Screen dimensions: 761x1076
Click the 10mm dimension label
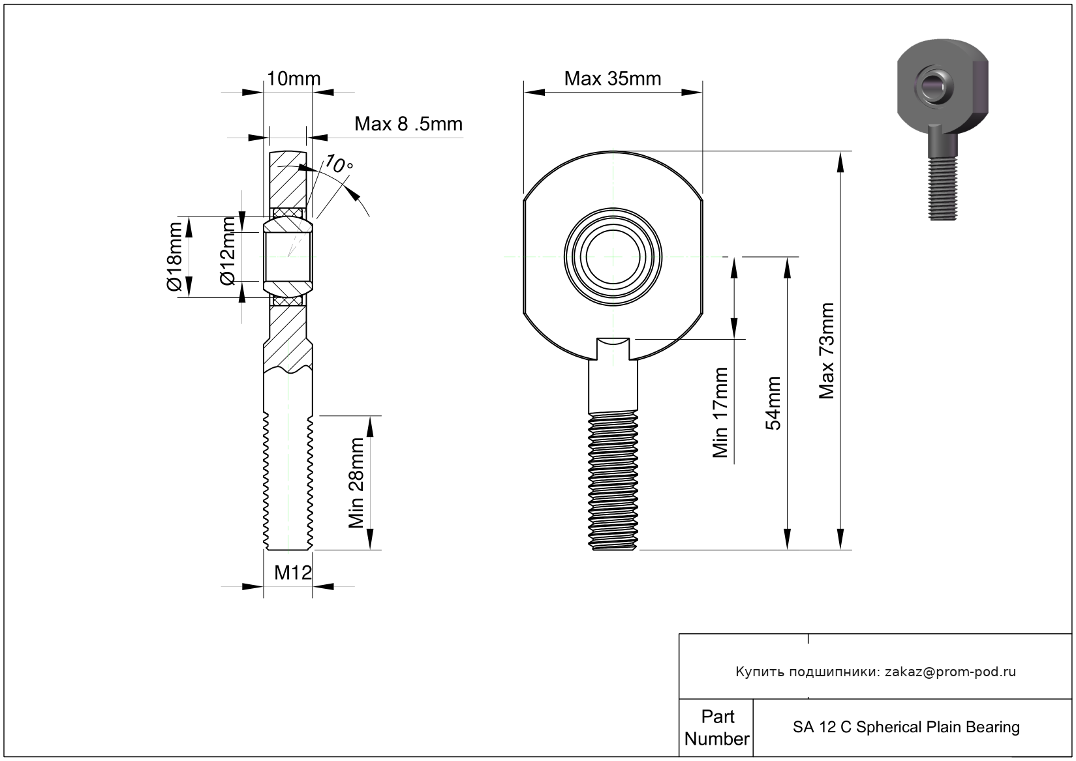(294, 79)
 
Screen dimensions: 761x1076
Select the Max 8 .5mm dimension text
(408, 124)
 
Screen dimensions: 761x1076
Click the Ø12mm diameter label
(227, 252)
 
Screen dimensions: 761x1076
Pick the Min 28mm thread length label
(356, 483)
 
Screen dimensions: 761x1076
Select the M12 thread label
(292, 573)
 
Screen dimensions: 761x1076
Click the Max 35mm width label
(612, 79)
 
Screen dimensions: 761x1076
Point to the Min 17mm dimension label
(720, 413)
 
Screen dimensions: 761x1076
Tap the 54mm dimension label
(773, 403)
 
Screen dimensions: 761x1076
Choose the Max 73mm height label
(827, 351)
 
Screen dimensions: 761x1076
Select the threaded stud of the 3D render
(942, 189)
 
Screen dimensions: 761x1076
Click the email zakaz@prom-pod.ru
(950, 672)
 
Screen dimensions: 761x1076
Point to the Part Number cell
(716, 728)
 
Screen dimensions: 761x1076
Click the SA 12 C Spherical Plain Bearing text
(906, 727)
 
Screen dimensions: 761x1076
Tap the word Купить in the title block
(759, 672)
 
